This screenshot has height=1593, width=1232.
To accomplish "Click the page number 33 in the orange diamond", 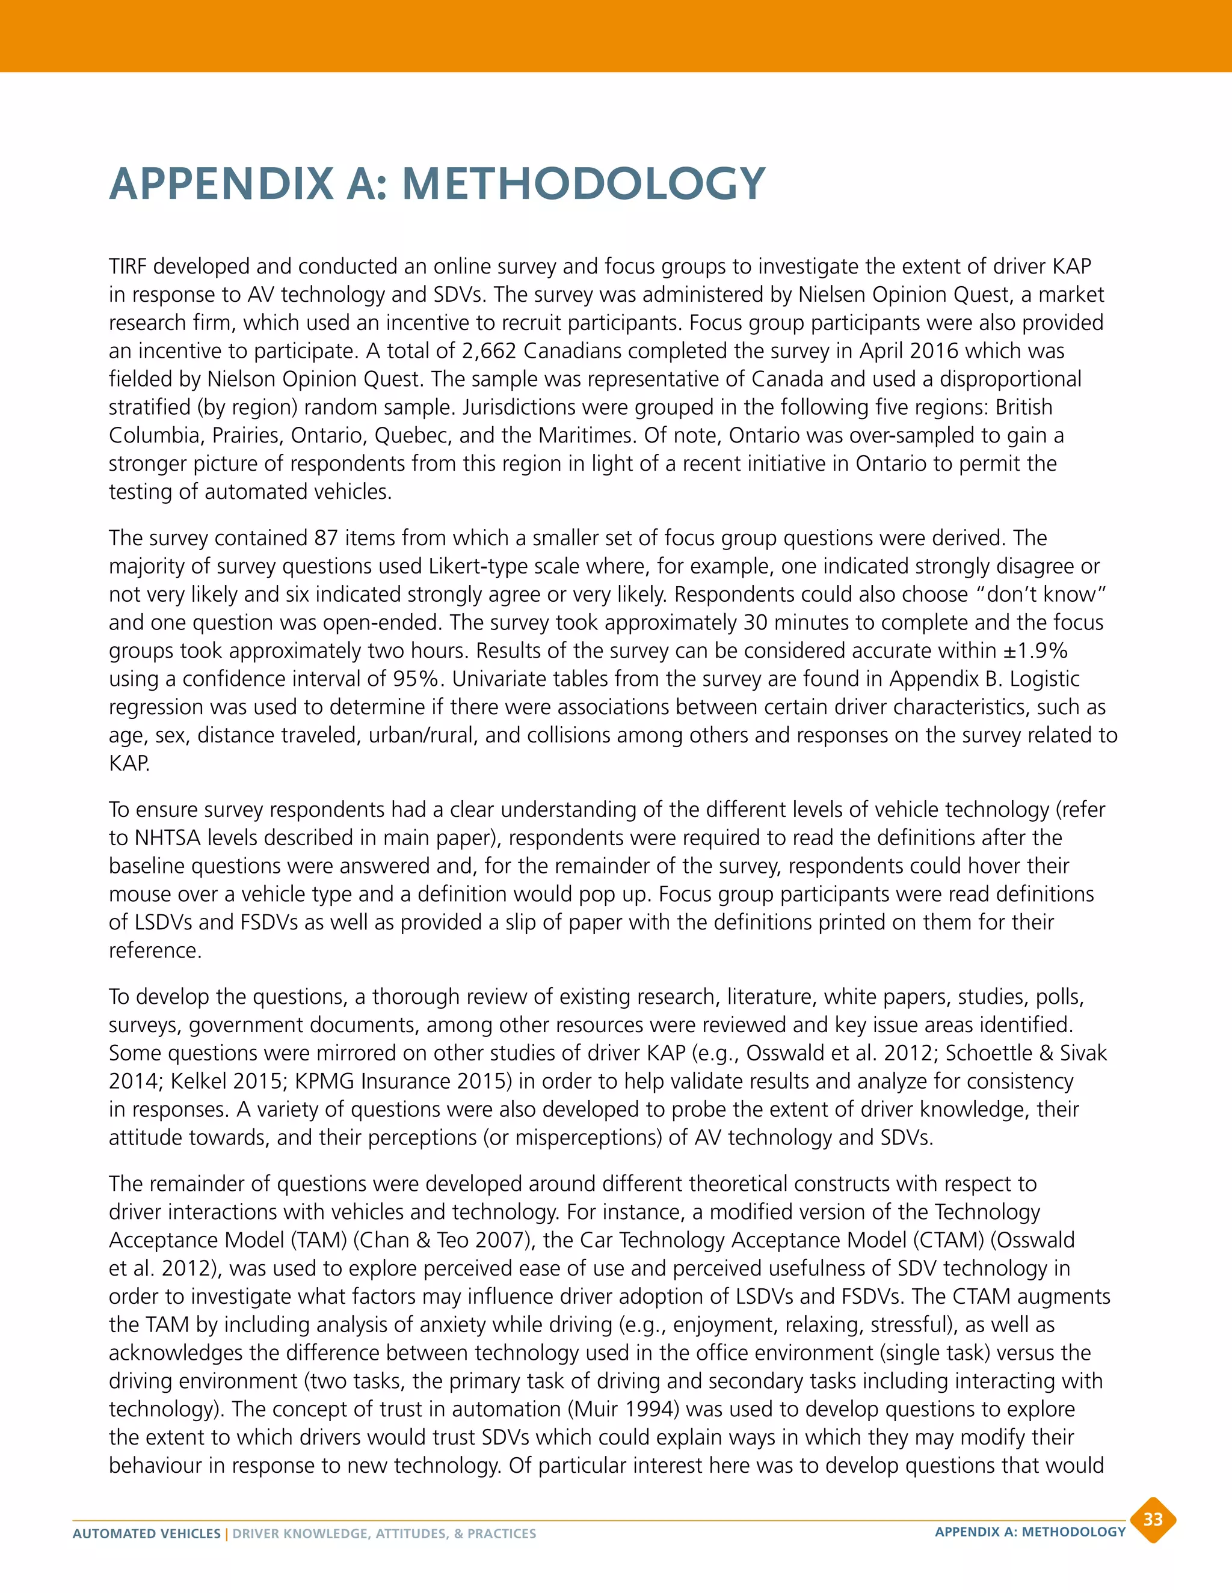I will (x=1153, y=1519).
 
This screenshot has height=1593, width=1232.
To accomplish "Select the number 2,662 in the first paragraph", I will (x=489, y=351).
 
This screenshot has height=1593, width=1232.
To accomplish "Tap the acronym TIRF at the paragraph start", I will (x=128, y=266).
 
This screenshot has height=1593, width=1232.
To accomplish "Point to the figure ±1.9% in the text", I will (x=1035, y=650).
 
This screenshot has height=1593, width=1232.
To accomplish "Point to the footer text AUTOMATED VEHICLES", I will (x=146, y=1534).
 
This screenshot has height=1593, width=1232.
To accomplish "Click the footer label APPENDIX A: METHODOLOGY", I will (x=1030, y=1532).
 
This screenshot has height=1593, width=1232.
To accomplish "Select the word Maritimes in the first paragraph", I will (x=586, y=435).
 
